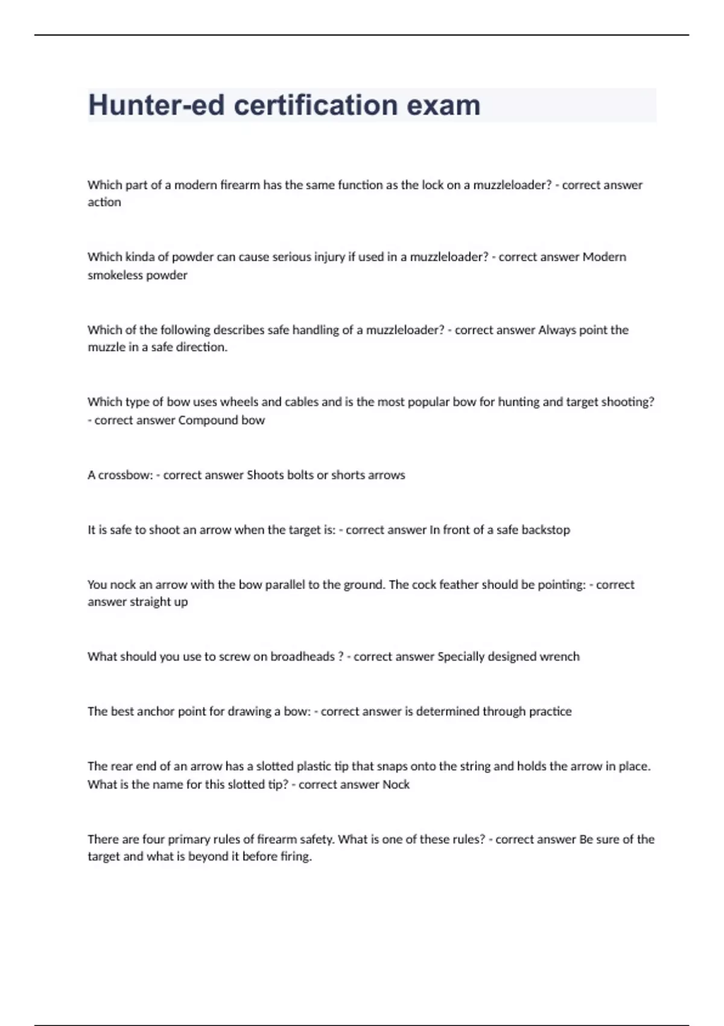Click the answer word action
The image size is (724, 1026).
pos(104,202)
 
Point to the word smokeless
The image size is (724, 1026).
pos(112,275)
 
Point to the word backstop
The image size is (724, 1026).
pos(545,530)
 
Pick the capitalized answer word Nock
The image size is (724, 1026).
pos(396,785)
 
